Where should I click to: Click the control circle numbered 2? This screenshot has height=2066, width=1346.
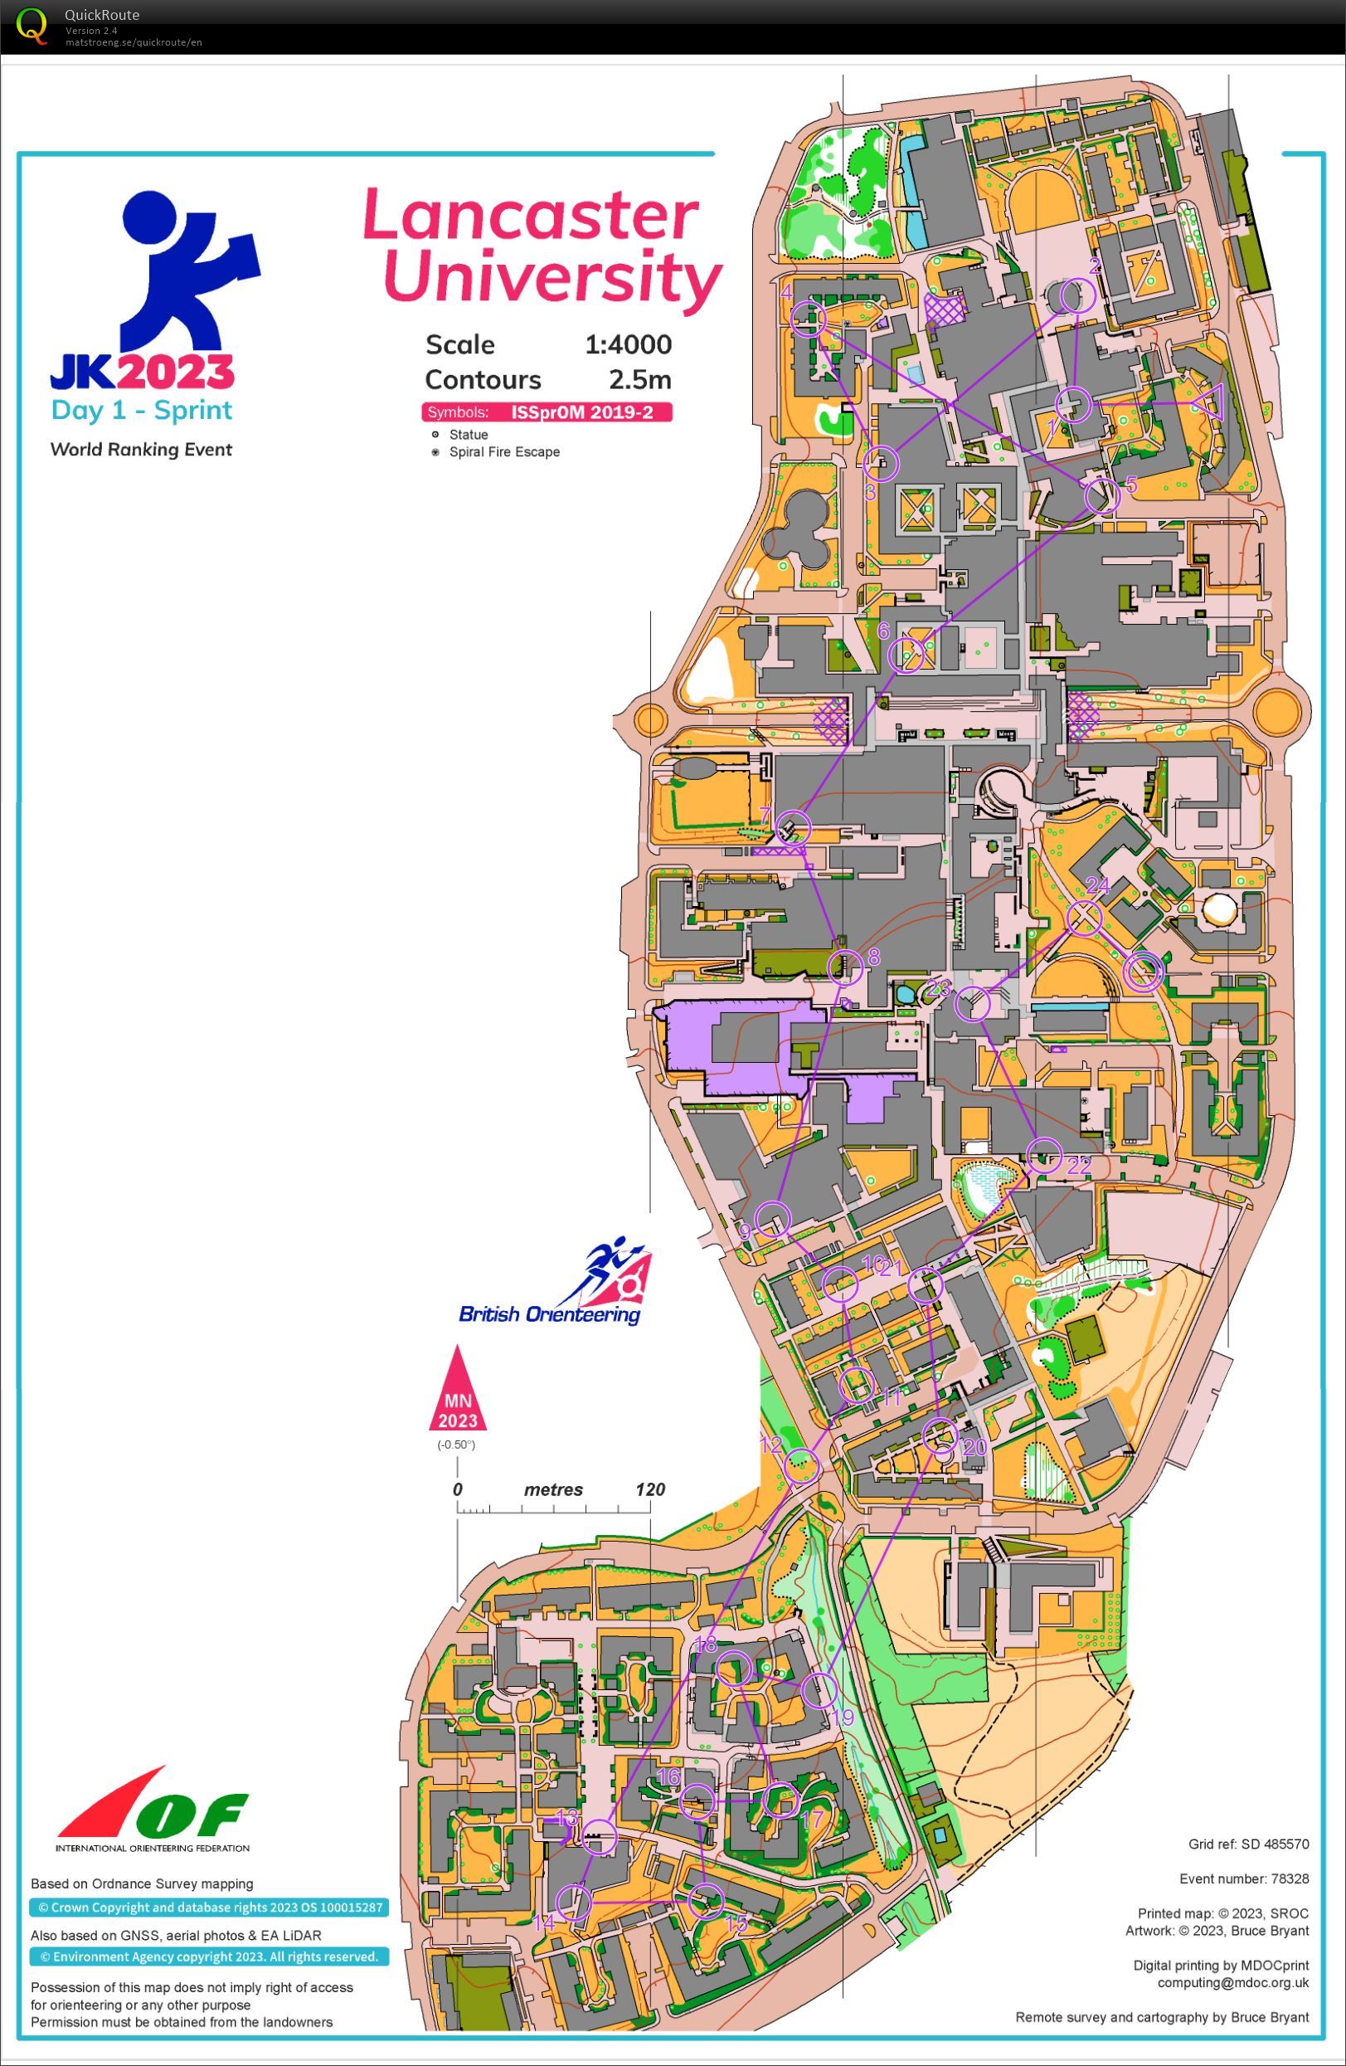coord(1077,296)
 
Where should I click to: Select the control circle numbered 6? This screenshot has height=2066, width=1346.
coord(907,655)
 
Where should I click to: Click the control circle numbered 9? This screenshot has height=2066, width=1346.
coord(772,1217)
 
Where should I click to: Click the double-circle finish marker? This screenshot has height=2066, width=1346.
coord(1142,972)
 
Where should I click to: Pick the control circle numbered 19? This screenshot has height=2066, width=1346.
coord(819,1689)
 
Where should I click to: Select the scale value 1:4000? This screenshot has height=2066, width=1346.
coord(628,344)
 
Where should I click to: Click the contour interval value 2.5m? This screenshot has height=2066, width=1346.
coord(639,379)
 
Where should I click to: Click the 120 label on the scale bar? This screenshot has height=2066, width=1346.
coord(649,1489)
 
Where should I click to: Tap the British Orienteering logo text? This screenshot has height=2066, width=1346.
coord(548,1314)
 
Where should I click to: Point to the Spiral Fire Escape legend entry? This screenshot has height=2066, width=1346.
coord(503,451)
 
